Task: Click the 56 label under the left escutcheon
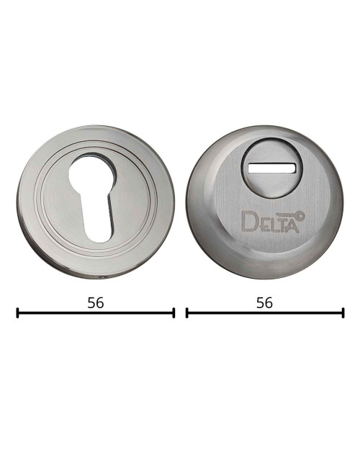coord(95,303)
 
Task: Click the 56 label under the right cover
coord(264,303)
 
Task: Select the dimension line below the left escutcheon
coord(95,312)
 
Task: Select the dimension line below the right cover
coord(264,312)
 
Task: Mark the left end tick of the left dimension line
coord(17,312)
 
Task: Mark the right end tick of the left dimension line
coord(174,312)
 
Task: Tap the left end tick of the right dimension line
coord(186,312)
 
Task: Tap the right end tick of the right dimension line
coord(343,312)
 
